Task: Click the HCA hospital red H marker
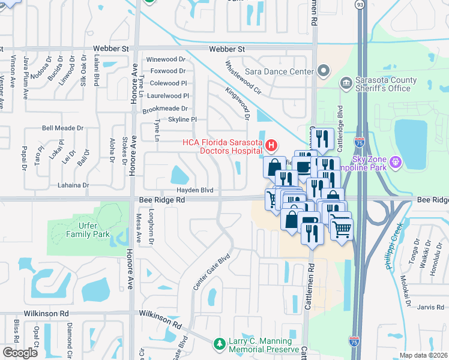pyautogui.click(x=272, y=145)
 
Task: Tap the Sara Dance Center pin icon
pyautogui.click(x=324, y=72)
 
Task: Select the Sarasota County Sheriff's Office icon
pyautogui.click(x=346, y=82)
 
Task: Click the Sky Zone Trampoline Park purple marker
pyautogui.click(x=395, y=161)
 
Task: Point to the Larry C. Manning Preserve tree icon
pyautogui.click(x=220, y=344)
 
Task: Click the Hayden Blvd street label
pyautogui.click(x=194, y=190)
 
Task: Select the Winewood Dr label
pyautogui.click(x=166, y=59)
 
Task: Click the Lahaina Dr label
pyautogui.click(x=73, y=186)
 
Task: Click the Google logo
pyautogui.click(x=20, y=353)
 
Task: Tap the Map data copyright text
pyautogui.click(x=423, y=355)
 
